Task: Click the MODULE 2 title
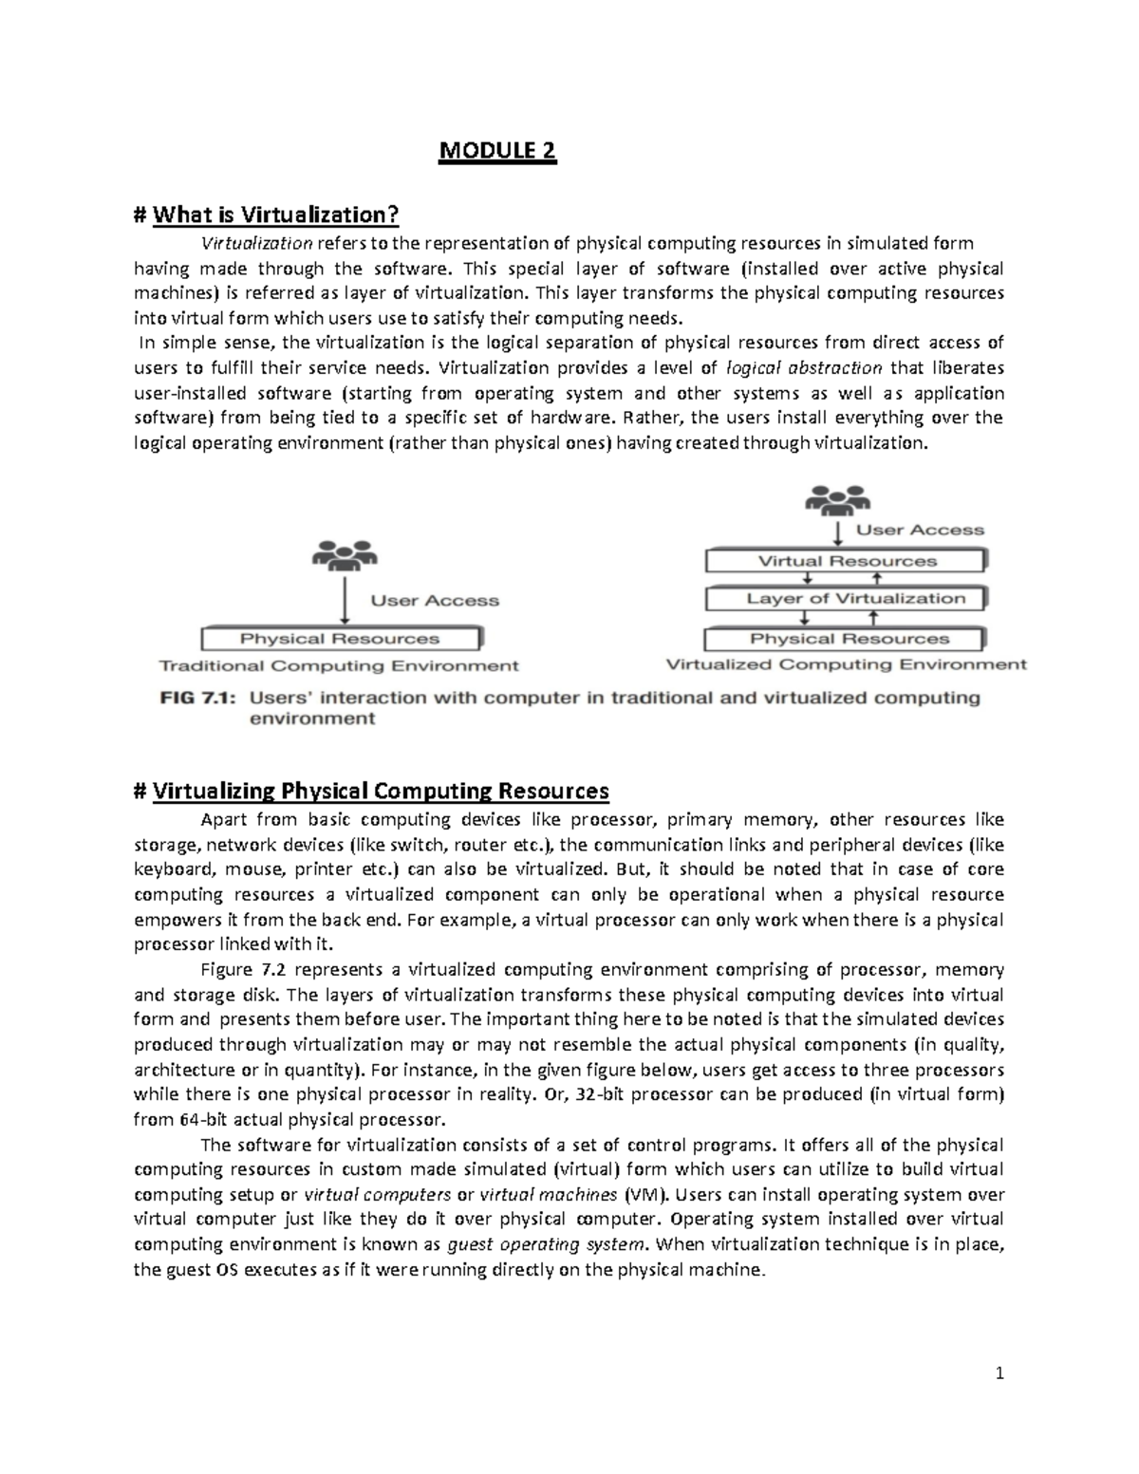496,152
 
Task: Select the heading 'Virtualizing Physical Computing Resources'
380,791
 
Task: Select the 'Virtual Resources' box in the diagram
847,561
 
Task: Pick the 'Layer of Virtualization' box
847,599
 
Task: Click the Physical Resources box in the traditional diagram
340,639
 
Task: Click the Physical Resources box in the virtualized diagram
847,639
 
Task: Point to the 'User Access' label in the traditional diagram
435,601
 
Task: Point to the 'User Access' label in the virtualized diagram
920,530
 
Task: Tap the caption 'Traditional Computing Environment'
339,666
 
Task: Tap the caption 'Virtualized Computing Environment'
846,665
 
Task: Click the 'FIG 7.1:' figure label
198,698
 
